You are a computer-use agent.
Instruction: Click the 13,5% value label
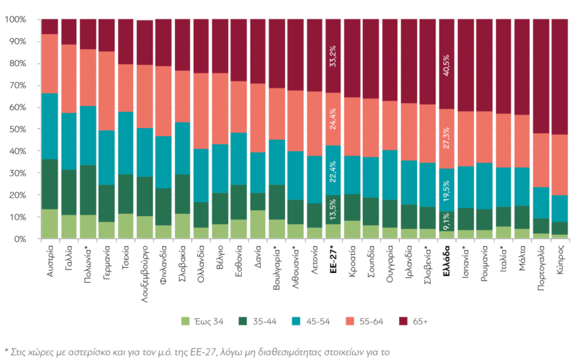(333, 204)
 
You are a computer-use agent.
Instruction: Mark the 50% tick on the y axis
(17, 130)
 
